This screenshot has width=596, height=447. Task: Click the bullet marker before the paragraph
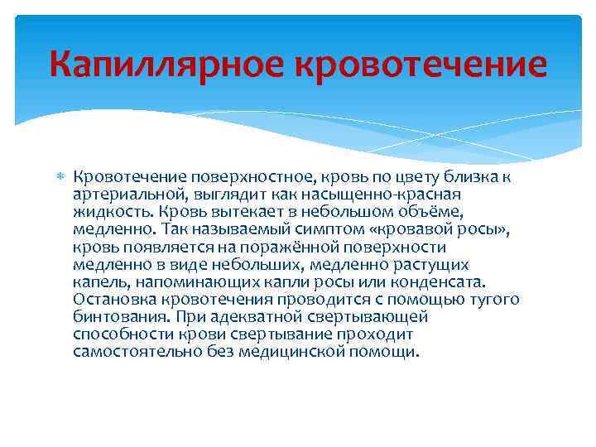[60, 177]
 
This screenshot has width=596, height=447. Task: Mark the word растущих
[435, 264]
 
